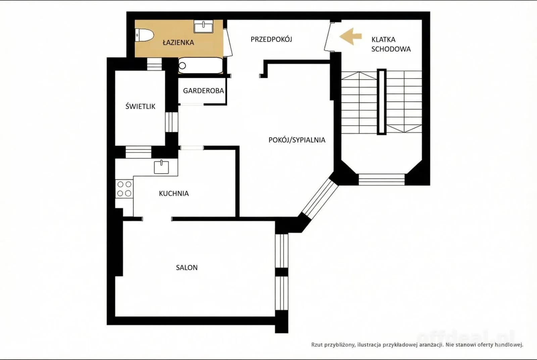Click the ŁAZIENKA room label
[178, 43]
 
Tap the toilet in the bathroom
[144, 36]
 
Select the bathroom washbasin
[203, 27]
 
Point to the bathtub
[201, 65]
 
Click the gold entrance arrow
[350, 37]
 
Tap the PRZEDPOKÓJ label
[272, 39]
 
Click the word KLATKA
[383, 40]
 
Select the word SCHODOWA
[391, 49]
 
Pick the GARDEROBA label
[203, 91]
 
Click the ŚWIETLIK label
[140, 106]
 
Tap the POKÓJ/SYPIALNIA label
[297, 140]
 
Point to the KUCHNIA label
[174, 194]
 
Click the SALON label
[187, 267]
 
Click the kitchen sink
[161, 167]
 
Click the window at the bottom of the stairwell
[382, 179]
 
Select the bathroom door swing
[228, 42]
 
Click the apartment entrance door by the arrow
[328, 37]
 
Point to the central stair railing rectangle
[382, 102]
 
